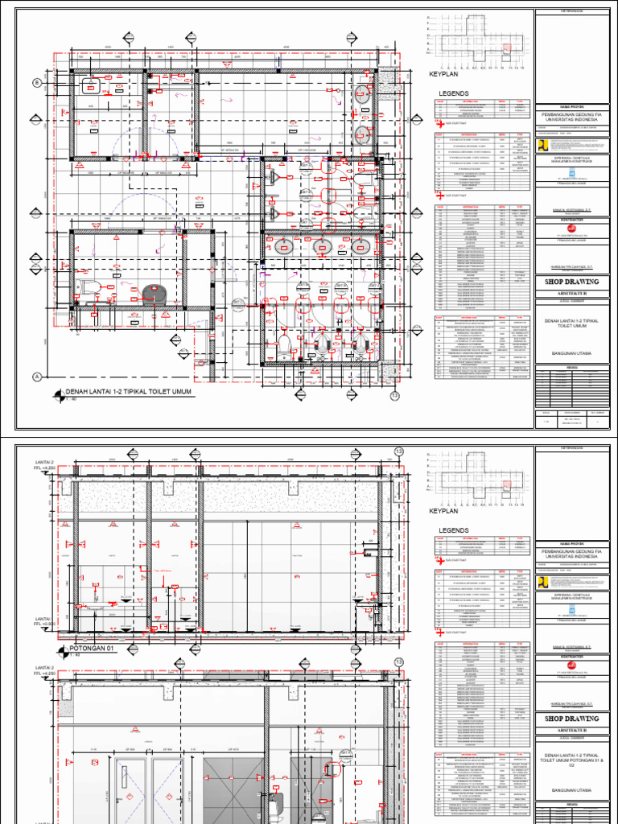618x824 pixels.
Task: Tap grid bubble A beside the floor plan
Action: click(x=36, y=377)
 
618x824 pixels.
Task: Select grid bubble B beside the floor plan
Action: click(x=36, y=83)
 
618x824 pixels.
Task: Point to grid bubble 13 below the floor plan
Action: click(x=394, y=395)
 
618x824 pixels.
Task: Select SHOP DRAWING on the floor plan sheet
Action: click(x=574, y=282)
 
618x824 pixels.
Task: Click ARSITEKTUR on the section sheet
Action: click(x=574, y=731)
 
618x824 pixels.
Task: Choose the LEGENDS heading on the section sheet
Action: click(x=452, y=530)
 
